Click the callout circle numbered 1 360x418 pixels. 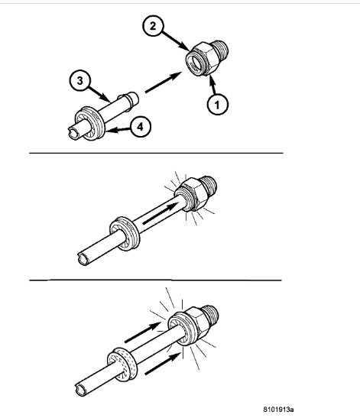click(217, 104)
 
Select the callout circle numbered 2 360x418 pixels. click(154, 28)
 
